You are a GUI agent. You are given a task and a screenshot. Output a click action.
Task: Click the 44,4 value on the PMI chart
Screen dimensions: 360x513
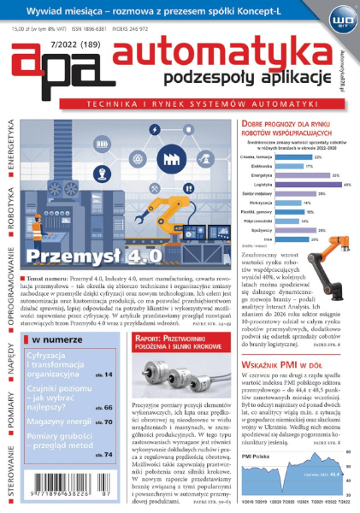point(335,475)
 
